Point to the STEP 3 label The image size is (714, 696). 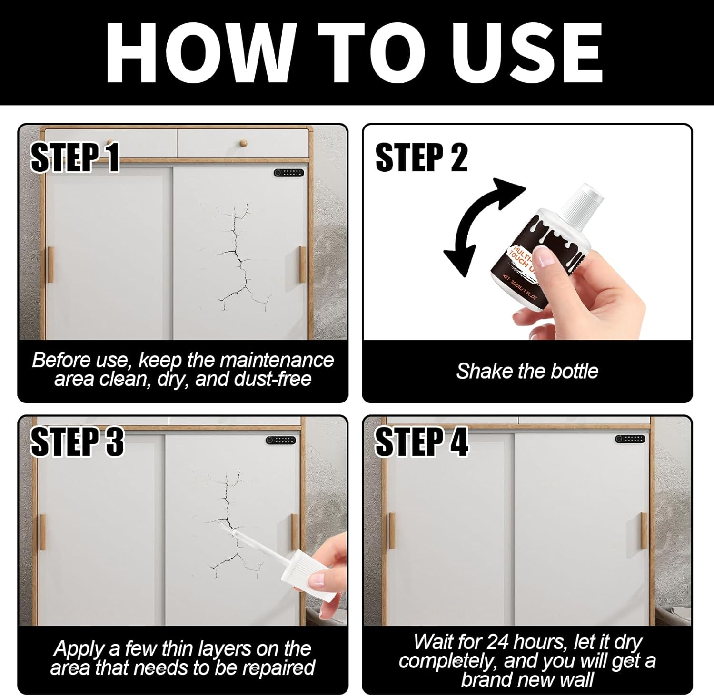coord(77,441)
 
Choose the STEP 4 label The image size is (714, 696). coord(422,441)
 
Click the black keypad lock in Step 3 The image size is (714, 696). coord(281,440)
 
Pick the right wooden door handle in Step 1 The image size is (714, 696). coord(302,265)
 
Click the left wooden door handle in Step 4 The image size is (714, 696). coord(392,531)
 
